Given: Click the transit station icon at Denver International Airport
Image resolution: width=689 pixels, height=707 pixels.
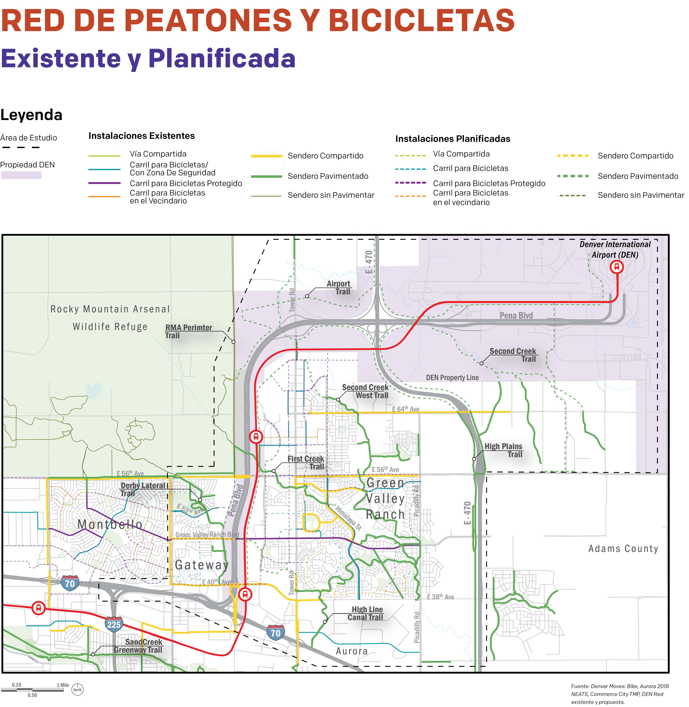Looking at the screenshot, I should pyautogui.click(x=617, y=267).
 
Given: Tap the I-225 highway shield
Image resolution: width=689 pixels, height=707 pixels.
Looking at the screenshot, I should pyautogui.click(x=114, y=624).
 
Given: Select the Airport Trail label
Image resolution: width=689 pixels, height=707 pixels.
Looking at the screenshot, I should pyautogui.click(x=339, y=288).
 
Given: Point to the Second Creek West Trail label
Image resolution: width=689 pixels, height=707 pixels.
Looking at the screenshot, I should pyautogui.click(x=366, y=391).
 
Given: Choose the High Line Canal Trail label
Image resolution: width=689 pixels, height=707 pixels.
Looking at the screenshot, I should pyautogui.click(x=366, y=613).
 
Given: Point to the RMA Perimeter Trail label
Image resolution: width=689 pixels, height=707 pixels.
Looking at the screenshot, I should pyautogui.click(x=188, y=331).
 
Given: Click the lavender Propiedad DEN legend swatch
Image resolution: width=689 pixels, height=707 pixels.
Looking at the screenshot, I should pyautogui.click(x=21, y=175).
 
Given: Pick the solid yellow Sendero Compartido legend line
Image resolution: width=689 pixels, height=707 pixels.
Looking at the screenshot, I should pyautogui.click(x=266, y=156).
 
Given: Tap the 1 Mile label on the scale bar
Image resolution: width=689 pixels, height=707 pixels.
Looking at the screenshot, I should pyautogui.click(x=63, y=685).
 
